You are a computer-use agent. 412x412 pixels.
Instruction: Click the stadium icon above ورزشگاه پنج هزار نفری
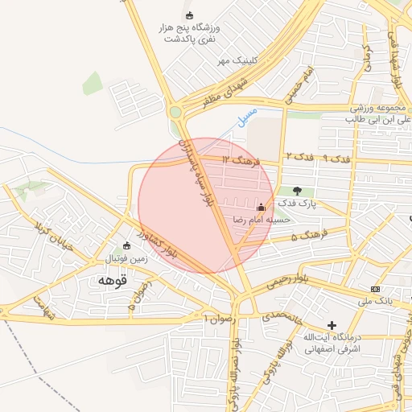point(190,15)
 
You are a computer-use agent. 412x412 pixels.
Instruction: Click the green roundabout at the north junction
point(175,112)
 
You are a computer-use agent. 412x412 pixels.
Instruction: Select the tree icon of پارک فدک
point(299,191)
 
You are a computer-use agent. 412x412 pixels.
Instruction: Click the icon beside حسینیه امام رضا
point(260,206)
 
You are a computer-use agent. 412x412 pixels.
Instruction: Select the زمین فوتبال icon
point(126,245)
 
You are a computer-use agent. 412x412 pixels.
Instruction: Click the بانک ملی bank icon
point(375,288)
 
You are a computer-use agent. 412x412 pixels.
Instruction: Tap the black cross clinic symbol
point(332,324)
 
